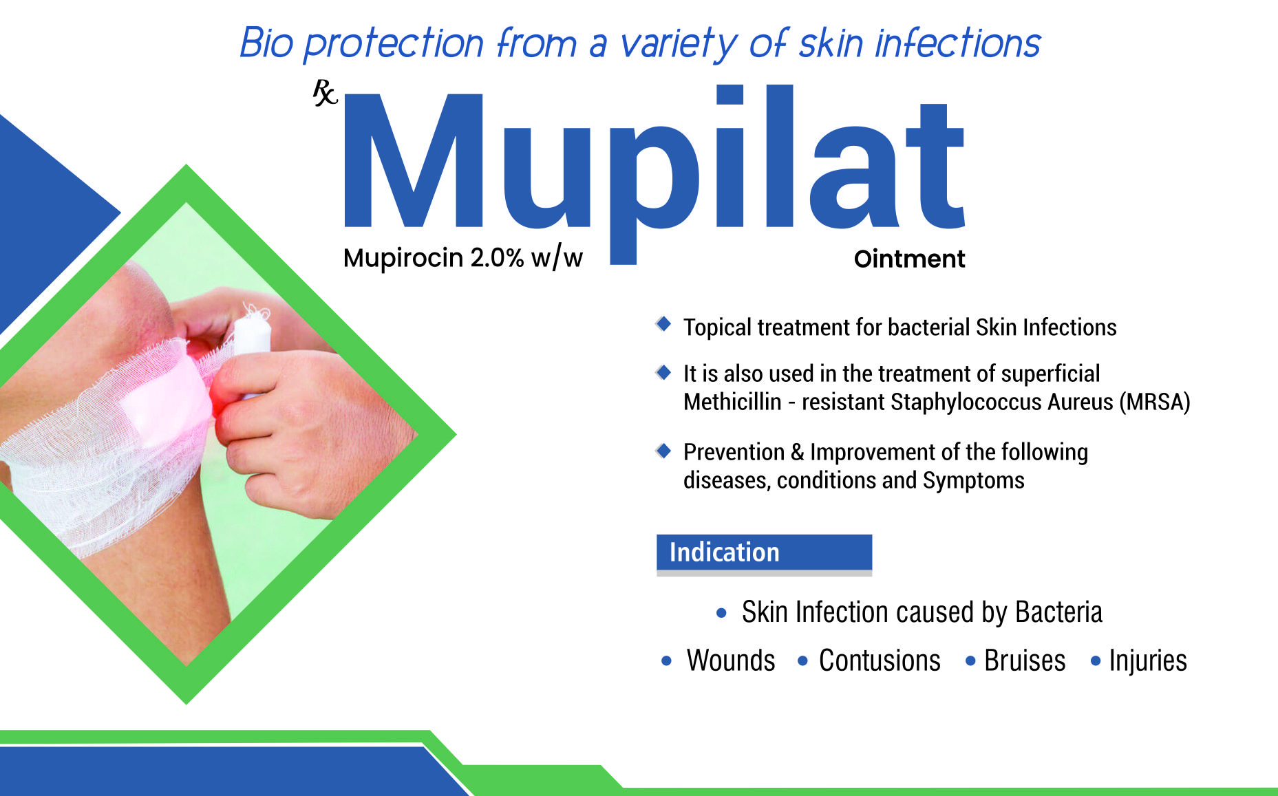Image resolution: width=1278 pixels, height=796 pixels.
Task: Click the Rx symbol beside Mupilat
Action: click(325, 93)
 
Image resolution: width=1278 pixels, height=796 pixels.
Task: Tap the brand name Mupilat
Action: click(654, 172)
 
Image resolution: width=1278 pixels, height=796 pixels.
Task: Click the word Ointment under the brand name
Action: click(909, 259)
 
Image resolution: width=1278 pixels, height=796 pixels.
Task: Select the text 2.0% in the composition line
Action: click(497, 258)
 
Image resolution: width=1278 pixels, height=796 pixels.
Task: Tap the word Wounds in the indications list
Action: click(731, 660)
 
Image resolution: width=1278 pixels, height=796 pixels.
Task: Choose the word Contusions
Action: click(880, 660)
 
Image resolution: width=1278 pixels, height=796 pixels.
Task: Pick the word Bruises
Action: click(1025, 660)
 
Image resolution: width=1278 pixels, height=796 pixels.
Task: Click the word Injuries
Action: click(1148, 661)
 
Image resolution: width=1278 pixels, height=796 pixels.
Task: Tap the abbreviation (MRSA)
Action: click(1155, 402)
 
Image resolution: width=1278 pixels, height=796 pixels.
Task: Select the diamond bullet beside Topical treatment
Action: click(663, 323)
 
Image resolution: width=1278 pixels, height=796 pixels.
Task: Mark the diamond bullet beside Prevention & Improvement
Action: click(663, 451)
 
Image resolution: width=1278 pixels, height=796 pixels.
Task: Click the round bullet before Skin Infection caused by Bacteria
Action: click(721, 613)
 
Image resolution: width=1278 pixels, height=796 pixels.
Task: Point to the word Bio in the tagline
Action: click(266, 43)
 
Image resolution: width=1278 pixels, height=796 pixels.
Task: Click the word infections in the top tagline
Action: click(957, 43)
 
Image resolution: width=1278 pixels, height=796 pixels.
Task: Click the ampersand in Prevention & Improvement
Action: click(798, 453)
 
